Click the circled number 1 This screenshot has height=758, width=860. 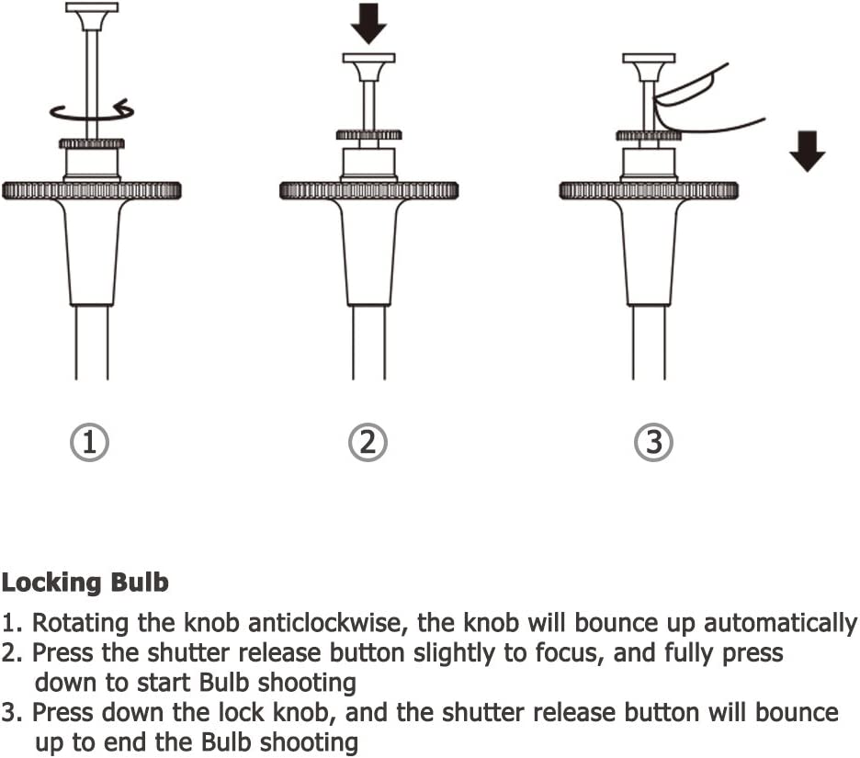tap(89, 443)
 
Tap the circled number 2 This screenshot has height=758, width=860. tap(368, 443)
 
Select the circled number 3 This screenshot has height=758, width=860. tap(653, 443)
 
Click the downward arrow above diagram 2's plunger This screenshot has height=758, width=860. tap(368, 24)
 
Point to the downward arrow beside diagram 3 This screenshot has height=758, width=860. tap(808, 152)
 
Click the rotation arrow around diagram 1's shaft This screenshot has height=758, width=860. tap(92, 111)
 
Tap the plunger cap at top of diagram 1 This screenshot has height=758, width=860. tap(92, 17)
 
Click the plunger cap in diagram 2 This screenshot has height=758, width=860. tap(368, 67)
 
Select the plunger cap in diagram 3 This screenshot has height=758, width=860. tap(649, 67)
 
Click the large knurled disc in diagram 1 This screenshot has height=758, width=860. tap(92, 190)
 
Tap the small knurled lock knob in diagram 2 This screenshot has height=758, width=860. tap(368, 135)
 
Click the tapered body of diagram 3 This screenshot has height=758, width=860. tap(649, 253)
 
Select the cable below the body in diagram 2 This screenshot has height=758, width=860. tap(368, 343)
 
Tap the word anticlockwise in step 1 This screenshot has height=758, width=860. tap(327, 624)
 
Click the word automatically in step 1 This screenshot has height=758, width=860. tap(780, 624)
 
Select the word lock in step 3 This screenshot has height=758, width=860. tap(242, 713)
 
